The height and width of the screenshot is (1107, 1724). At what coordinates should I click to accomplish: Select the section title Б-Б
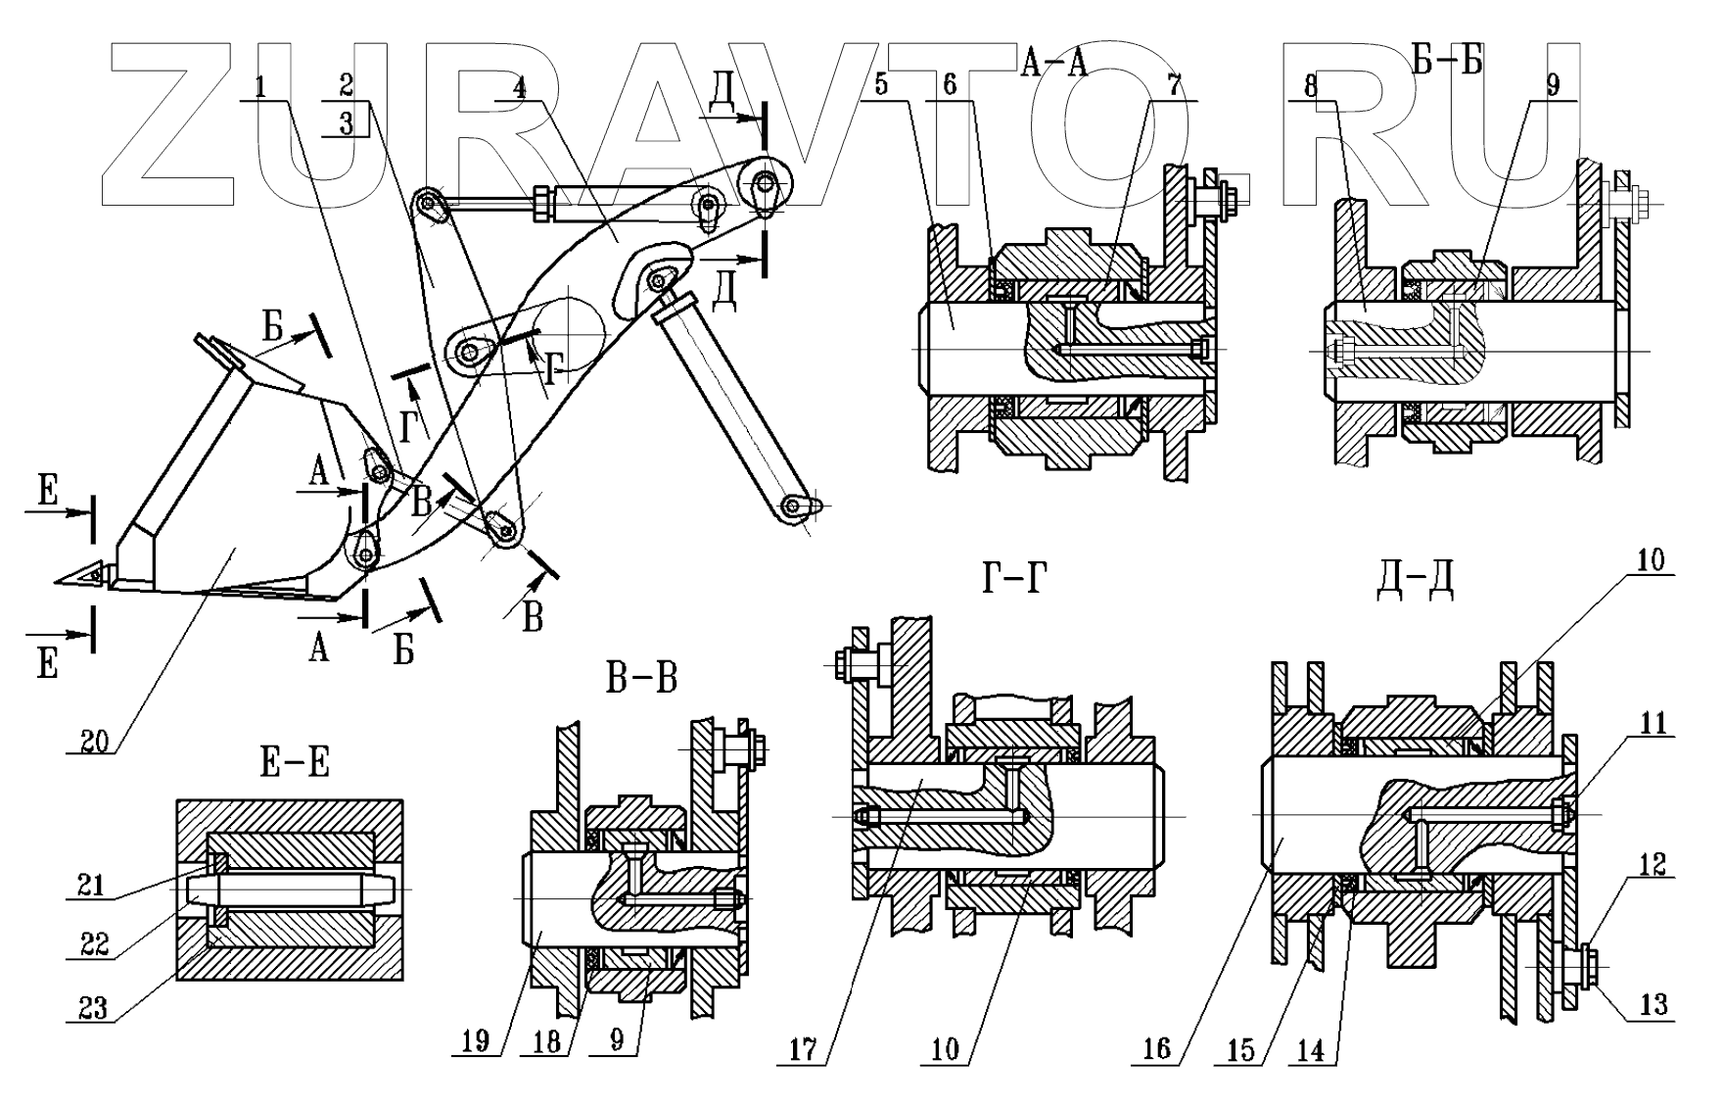1448,61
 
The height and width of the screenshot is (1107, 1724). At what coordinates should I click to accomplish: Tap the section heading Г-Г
1014,582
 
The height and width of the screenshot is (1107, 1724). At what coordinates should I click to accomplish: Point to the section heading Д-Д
1415,582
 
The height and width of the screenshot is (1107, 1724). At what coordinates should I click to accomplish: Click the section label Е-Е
295,763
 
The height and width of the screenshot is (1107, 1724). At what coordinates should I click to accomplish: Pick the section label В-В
641,678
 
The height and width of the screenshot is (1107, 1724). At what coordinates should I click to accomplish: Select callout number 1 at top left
260,87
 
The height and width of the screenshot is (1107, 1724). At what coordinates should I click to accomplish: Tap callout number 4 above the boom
520,87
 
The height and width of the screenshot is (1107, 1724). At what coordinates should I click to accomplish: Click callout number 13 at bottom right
1653,1006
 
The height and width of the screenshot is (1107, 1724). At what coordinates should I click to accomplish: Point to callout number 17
804,1049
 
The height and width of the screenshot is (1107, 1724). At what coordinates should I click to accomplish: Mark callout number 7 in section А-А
1173,87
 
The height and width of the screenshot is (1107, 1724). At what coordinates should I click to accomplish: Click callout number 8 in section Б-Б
1311,87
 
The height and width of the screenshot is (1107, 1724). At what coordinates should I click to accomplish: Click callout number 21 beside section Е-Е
93,885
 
